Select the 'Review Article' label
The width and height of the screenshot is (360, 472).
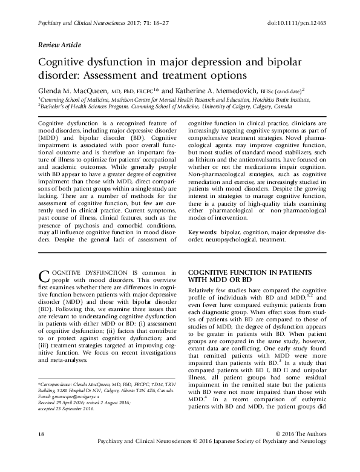pyautogui.click(x=59, y=46)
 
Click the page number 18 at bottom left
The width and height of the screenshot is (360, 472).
pyautogui.click(x=41, y=451)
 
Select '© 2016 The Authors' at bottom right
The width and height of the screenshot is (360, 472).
pyautogui.click(x=301, y=451)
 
